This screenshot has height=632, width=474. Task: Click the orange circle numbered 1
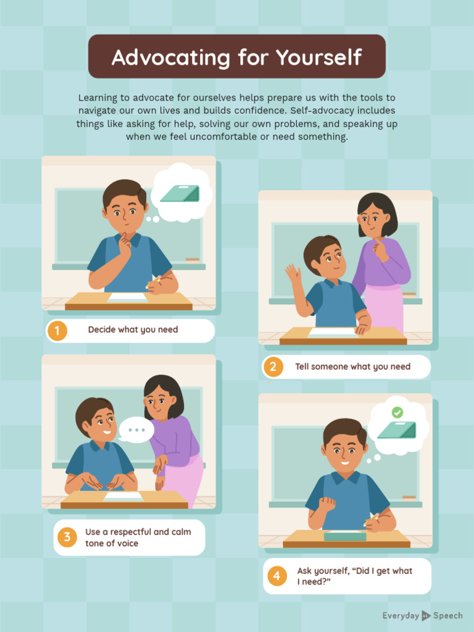(x=57, y=331)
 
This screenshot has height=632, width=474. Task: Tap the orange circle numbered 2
(x=273, y=367)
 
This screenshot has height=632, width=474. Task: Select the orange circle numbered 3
(x=67, y=538)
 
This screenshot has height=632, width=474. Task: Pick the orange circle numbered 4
(x=277, y=576)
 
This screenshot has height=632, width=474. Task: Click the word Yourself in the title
(x=319, y=57)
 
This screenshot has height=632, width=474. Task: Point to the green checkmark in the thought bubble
(x=397, y=412)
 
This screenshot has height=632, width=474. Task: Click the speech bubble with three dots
(x=136, y=430)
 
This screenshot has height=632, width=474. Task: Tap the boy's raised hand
(x=293, y=273)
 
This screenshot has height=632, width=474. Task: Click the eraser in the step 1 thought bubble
(x=180, y=193)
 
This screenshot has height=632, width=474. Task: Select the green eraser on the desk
(x=345, y=536)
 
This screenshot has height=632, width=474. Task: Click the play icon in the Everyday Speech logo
(x=426, y=616)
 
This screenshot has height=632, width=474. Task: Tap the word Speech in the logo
(x=448, y=616)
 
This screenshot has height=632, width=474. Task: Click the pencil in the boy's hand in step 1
(x=154, y=281)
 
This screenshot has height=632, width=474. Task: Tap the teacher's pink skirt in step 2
(x=385, y=308)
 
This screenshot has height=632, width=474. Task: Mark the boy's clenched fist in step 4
(x=327, y=505)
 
